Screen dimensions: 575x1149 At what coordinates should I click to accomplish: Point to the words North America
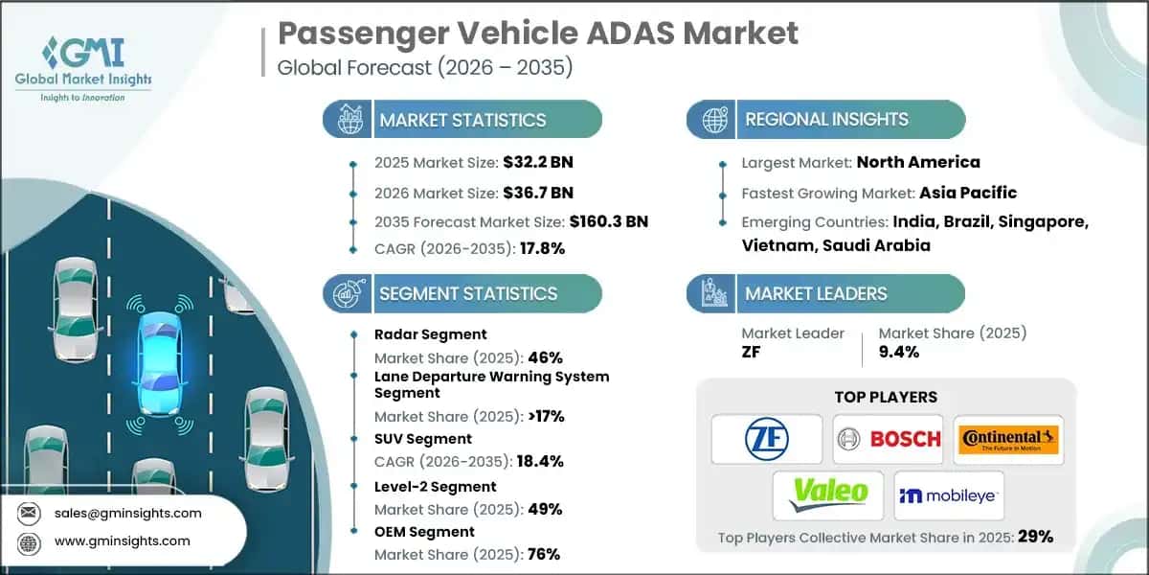click(917, 162)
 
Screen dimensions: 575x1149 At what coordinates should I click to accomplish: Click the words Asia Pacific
click(968, 193)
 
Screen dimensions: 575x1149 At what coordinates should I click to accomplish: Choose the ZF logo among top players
click(767, 440)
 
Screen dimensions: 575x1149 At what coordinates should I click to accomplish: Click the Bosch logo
click(888, 440)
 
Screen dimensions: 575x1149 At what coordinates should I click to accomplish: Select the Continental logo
click(1008, 440)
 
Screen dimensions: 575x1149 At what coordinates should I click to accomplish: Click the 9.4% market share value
click(898, 352)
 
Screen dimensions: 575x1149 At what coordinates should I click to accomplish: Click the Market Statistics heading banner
click(462, 120)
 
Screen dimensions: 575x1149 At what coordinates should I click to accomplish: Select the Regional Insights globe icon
click(712, 120)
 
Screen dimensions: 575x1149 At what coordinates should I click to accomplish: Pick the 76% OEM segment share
click(543, 554)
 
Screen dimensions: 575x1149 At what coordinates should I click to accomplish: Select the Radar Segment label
click(431, 334)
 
